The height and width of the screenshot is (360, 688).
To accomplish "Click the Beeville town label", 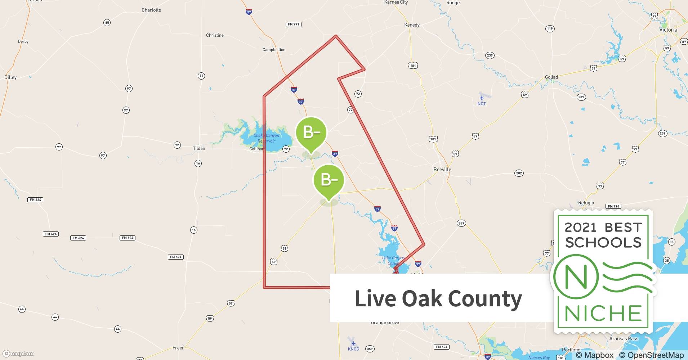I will [442, 169].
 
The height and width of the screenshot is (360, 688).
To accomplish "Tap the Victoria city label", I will [668, 30].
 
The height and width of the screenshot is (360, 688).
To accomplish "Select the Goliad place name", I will [551, 77].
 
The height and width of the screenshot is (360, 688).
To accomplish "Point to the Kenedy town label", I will [412, 25].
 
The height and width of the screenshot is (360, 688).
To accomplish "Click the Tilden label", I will [199, 148].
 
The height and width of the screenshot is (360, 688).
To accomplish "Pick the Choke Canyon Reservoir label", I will [266, 138].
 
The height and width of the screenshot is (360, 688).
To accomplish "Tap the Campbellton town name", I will [274, 50].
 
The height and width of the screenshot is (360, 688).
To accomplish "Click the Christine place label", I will [215, 35].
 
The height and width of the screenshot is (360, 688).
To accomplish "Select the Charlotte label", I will [151, 10].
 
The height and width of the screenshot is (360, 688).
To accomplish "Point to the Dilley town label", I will [10, 77].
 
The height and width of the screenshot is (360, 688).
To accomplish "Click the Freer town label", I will [178, 348].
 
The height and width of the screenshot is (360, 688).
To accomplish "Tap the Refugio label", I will [586, 203].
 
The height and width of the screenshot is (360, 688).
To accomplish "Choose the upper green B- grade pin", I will [311, 133].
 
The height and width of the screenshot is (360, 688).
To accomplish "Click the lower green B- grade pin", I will [329, 180].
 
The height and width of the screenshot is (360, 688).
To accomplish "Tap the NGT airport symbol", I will [482, 98].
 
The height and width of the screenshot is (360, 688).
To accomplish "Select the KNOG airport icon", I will [353, 343].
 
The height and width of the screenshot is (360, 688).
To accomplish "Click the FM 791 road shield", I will [294, 24].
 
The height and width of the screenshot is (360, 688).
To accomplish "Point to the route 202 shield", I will [519, 173].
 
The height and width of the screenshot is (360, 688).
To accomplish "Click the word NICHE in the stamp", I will [603, 313].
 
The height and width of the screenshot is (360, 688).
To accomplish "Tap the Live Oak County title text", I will [438, 298].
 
